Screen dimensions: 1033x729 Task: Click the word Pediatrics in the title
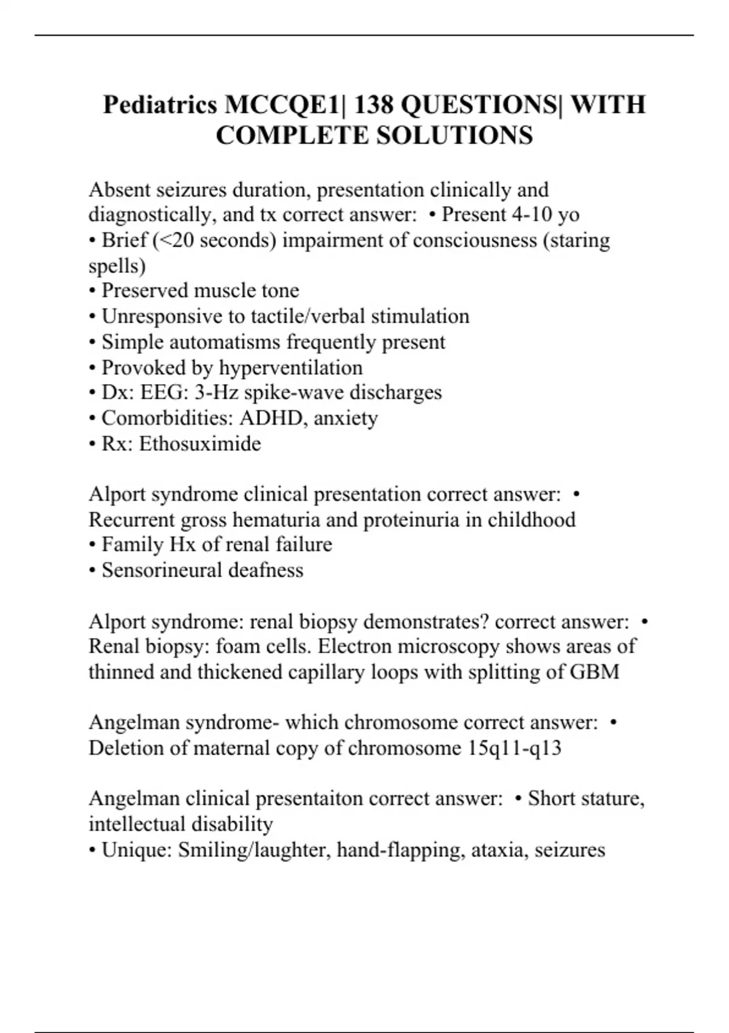pos(160,105)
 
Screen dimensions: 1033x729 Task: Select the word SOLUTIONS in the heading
pos(454,135)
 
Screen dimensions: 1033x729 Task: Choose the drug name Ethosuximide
pos(200,444)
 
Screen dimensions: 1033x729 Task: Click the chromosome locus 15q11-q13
pos(515,747)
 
